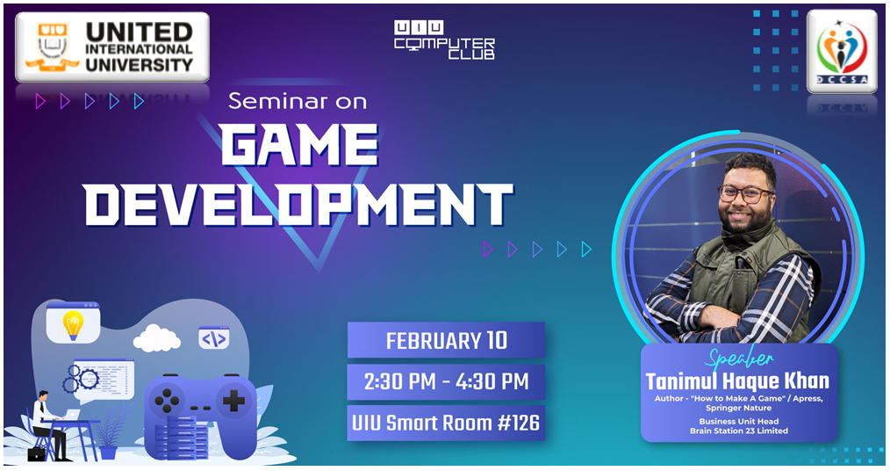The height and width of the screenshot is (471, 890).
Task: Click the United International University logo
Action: point(112,47)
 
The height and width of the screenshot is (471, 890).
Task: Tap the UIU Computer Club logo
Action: point(444,40)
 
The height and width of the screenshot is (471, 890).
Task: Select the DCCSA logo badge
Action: point(842,51)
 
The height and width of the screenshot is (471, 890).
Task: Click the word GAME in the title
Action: point(299,145)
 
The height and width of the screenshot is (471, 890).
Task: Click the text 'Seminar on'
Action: point(298,101)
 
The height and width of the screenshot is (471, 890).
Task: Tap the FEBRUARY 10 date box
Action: point(446,340)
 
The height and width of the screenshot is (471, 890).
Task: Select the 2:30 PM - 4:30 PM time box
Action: point(446,381)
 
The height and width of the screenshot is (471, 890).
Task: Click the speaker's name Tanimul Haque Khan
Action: point(738,381)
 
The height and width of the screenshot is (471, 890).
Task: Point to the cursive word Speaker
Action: point(739,359)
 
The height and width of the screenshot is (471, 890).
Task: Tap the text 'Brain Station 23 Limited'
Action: point(739,431)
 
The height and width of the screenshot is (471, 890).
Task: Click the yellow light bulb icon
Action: point(73,325)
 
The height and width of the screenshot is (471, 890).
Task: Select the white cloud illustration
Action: point(156,338)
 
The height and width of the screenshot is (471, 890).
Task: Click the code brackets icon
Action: point(214,338)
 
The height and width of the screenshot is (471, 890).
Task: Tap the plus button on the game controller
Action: point(233,401)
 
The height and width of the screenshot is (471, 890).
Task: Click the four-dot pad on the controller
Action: point(168,401)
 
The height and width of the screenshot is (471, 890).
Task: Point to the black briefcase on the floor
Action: point(36,454)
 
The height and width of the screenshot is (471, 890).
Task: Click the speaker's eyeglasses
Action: point(745,193)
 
